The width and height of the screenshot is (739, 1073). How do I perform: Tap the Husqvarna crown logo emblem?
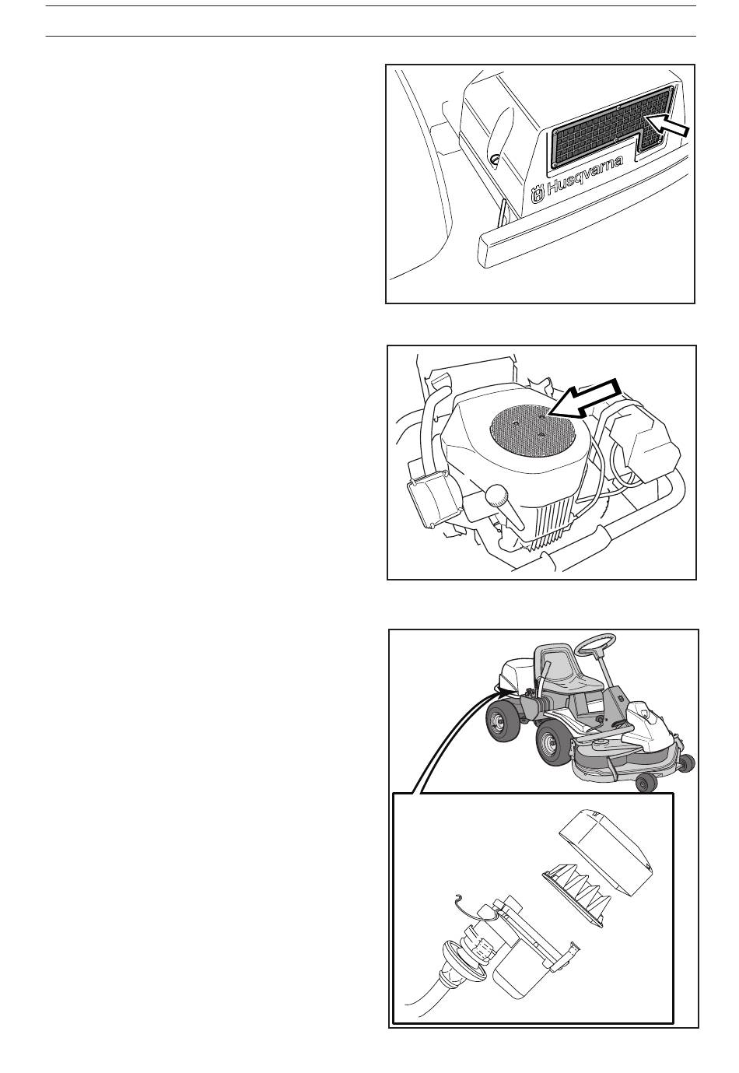point(538,195)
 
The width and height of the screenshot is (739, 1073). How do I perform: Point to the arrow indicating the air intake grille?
point(667,125)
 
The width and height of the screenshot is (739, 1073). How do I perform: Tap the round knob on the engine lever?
point(496,495)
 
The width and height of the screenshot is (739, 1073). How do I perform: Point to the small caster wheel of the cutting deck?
point(646,784)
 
